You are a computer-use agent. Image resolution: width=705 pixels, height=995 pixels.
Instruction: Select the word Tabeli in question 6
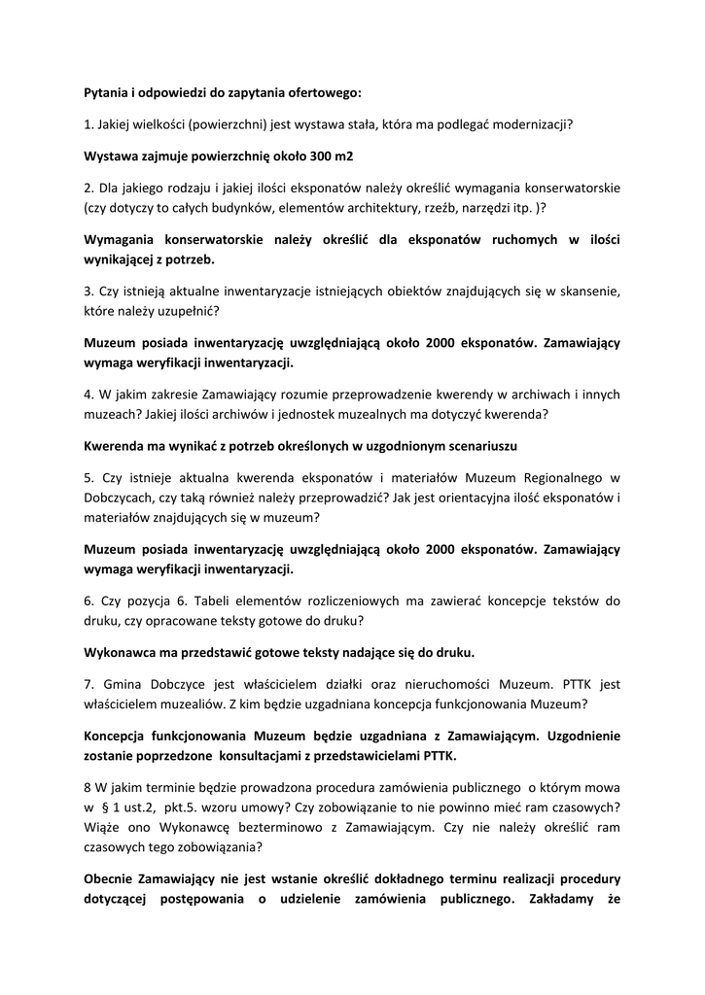coord(197,601)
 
